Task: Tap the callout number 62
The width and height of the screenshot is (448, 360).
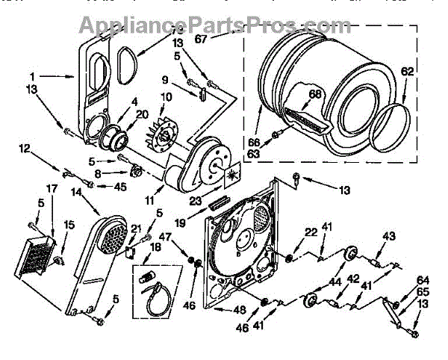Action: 406,72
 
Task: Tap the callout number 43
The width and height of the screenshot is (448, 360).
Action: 389,236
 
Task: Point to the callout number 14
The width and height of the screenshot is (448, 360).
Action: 77,192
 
